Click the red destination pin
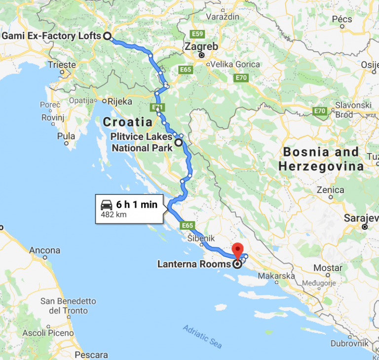(x=237, y=249)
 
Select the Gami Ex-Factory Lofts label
(x=51, y=36)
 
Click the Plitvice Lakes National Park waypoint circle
(x=178, y=143)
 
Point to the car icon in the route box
(x=106, y=205)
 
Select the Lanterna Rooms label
(x=193, y=264)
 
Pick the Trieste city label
(x=62, y=65)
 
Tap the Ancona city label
(x=44, y=251)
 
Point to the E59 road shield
(x=198, y=34)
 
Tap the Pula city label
(x=66, y=136)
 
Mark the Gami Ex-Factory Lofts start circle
(x=107, y=36)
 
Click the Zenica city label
(x=330, y=190)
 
